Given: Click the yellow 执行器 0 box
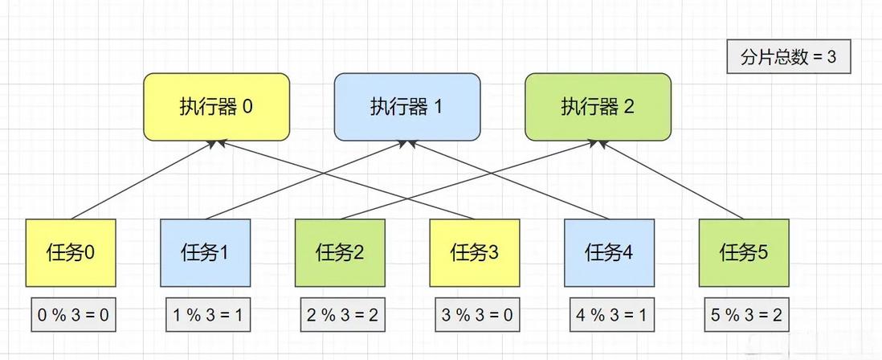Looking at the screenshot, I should click(x=216, y=106).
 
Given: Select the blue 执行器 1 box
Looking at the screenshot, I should click(x=406, y=106).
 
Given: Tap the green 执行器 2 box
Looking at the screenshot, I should click(x=598, y=106).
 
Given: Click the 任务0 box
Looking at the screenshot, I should click(x=71, y=252).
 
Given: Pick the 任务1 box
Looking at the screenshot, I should click(x=206, y=252).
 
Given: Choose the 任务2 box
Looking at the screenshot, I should click(x=341, y=252).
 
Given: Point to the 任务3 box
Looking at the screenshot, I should click(x=475, y=252).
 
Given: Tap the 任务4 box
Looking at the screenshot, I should click(x=609, y=252).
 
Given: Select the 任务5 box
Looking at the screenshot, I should click(x=744, y=252).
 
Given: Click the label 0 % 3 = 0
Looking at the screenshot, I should click(x=72, y=315).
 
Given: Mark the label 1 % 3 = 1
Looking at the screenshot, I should click(x=206, y=315).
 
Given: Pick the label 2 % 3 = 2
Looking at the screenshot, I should click(x=341, y=315).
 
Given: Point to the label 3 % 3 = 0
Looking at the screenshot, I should click(x=476, y=315).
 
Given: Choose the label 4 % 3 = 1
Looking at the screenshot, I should click(x=610, y=315).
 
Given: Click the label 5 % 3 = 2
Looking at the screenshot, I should click(x=744, y=315).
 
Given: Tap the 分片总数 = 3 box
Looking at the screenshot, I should click(x=788, y=58).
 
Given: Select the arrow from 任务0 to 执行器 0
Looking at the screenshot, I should click(x=145, y=178).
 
